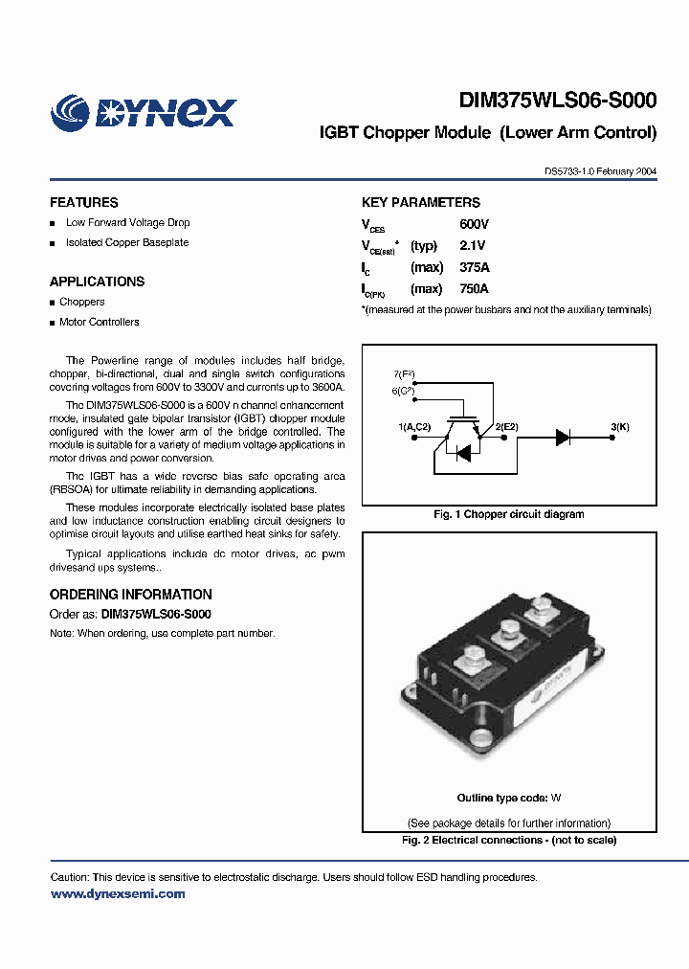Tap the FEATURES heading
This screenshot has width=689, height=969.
[x=84, y=203]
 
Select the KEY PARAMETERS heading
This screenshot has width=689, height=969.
[x=420, y=203]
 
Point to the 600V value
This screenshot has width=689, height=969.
[x=474, y=224]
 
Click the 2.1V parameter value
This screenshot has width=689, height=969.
[x=474, y=246]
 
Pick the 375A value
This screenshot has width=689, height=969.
[x=474, y=268]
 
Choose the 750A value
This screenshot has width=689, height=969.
[x=474, y=289]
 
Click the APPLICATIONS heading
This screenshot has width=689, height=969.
[x=98, y=282]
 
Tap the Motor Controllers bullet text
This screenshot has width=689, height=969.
[x=99, y=323]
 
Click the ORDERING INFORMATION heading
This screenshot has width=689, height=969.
[x=131, y=595]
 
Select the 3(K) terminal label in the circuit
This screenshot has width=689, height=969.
[x=619, y=425]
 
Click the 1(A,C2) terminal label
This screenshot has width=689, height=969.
[x=415, y=425]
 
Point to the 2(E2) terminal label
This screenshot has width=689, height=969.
[x=506, y=425]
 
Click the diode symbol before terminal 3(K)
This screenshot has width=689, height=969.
[x=563, y=437]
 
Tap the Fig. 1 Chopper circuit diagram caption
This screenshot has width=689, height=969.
[x=509, y=514]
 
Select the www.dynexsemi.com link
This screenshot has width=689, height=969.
[x=118, y=894]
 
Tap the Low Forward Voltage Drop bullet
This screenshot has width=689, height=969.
[x=127, y=223]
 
